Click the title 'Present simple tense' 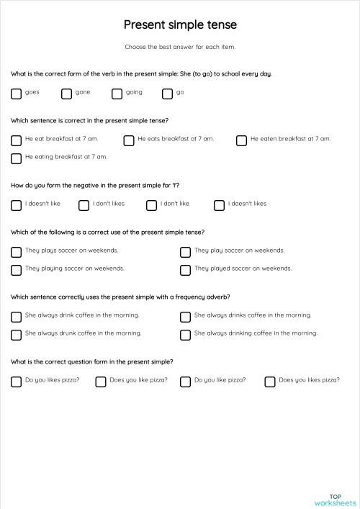(180, 25)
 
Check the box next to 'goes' (17, 93)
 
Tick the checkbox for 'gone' (67, 93)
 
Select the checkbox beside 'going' (117, 93)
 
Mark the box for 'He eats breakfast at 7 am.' (129, 140)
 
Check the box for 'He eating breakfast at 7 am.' (17, 158)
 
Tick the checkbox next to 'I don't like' (151, 205)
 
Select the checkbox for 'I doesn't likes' (220, 205)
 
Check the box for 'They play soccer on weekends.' (186, 252)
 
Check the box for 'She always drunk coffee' (17, 335)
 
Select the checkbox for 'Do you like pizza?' (186, 382)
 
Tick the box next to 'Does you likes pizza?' (270, 382)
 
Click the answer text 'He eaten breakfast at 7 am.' (290, 138)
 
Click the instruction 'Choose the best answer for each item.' (180, 47)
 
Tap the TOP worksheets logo (335, 500)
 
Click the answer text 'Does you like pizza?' (138, 379)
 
